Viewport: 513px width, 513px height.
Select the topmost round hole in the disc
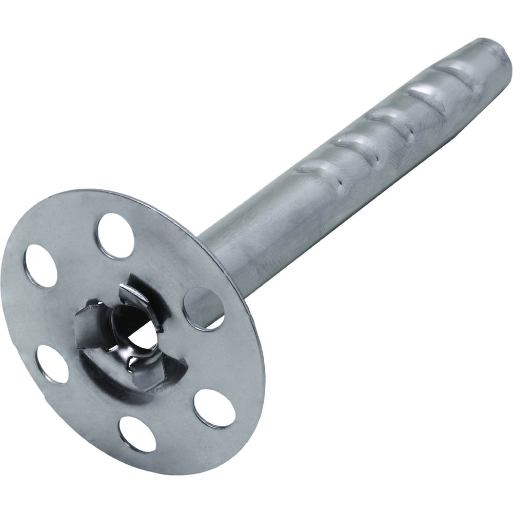click(115, 235)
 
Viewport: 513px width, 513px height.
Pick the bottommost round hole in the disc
click(137, 434)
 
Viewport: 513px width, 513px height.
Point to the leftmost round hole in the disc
click(41, 266)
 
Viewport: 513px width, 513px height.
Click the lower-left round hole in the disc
click(52, 364)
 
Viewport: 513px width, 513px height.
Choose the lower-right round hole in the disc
click(214, 408)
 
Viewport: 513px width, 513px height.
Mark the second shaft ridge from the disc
click(354, 149)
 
